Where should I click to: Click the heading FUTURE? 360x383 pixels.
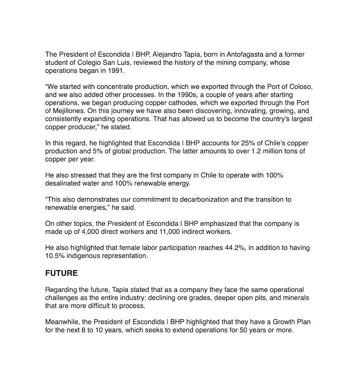point(61,273)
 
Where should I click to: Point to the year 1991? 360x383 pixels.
point(116,71)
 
